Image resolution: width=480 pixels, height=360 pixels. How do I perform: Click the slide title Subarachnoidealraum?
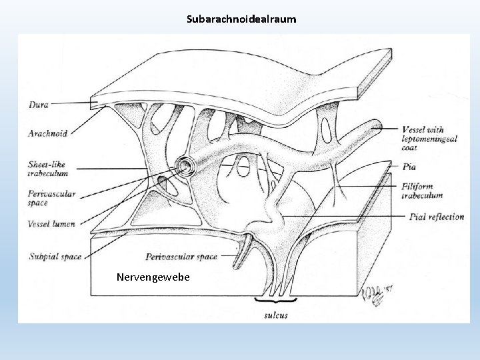pos(241,21)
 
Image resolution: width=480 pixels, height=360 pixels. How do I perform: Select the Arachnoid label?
pos(48,133)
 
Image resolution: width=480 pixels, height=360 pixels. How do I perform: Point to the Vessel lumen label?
pos(51,225)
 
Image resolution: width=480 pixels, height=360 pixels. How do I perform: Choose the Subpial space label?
pos(56,255)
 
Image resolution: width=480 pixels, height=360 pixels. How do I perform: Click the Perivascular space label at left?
pos(52,198)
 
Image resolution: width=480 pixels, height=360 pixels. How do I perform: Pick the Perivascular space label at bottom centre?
pos(181,256)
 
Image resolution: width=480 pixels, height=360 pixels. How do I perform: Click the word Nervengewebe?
pos(153,275)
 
